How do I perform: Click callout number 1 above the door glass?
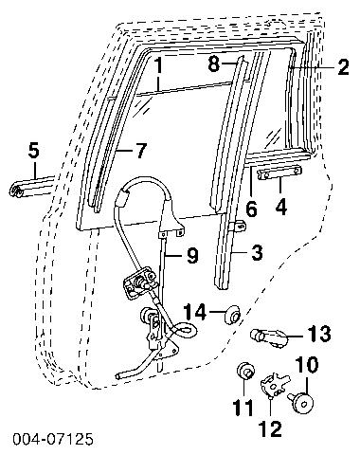coord(158,67)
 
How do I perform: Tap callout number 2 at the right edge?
coord(343,66)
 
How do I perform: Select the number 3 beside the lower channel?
coord(257,253)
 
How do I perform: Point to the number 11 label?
coord(243,408)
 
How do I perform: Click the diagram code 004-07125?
coord(53,440)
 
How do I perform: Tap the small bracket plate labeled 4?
coord(280,173)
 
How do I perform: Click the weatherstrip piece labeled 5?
coord(31,188)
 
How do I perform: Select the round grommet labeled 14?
coord(232,314)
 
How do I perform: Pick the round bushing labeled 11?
coord(245,370)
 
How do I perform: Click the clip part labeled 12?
coord(274,384)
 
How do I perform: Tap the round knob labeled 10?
coord(301,401)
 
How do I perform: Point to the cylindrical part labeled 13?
coord(268,337)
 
